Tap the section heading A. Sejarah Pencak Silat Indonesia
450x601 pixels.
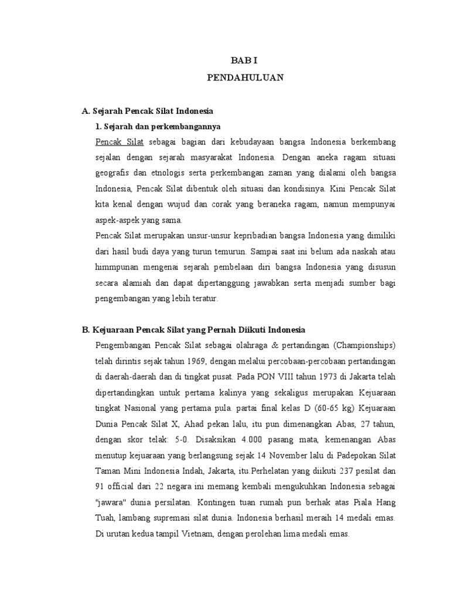tap(148, 110)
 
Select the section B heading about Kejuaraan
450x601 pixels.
tap(193, 330)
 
